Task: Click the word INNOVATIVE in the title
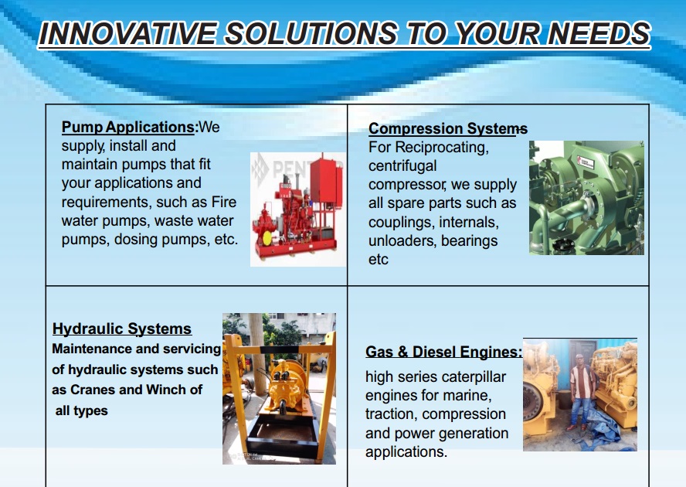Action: pos(127,34)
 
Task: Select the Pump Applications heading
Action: pos(127,128)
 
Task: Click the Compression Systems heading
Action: pos(448,129)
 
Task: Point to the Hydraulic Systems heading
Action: pos(121,329)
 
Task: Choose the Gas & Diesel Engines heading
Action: pos(443,352)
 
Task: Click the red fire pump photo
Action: pos(297,209)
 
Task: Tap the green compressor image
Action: pos(586,198)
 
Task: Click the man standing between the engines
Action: pos(582,392)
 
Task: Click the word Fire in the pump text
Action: pos(224,202)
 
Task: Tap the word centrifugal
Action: pos(402,166)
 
